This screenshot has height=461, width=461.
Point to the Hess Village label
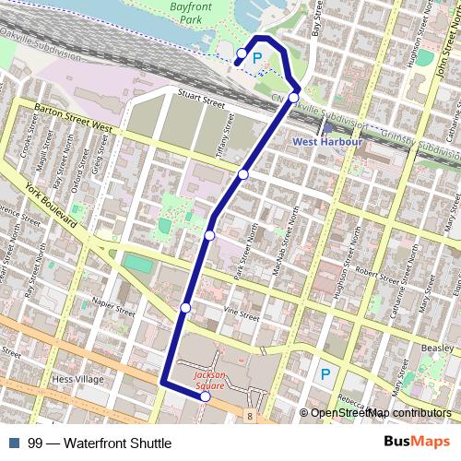tap(77, 379)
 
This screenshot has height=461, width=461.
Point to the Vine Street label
tap(242, 314)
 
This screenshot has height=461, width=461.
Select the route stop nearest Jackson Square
tap(205, 397)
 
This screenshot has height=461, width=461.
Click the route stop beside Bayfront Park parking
tap(242, 53)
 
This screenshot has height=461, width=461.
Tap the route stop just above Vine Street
tap(185, 307)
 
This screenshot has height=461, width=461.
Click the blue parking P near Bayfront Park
tap(258, 58)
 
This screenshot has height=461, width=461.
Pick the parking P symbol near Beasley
tap(324, 374)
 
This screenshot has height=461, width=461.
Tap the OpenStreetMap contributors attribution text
tap(380, 414)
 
